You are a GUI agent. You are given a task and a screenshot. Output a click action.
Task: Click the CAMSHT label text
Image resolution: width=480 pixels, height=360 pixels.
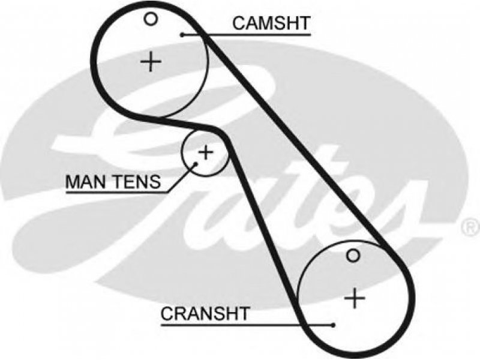click(x=271, y=23)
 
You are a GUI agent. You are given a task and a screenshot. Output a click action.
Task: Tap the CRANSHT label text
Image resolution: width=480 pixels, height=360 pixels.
click(x=205, y=313)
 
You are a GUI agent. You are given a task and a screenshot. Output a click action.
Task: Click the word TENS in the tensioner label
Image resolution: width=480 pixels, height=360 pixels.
click(x=137, y=182)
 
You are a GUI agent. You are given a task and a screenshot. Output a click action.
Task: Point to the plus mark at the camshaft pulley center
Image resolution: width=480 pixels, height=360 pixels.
click(x=151, y=62)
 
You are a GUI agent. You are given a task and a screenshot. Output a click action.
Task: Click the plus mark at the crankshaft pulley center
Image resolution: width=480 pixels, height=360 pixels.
click(x=355, y=298)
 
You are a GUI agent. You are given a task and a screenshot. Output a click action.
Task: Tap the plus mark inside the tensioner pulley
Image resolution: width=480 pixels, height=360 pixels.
click(x=205, y=152)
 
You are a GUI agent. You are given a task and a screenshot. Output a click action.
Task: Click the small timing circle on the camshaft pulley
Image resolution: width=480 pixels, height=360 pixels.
click(x=151, y=19)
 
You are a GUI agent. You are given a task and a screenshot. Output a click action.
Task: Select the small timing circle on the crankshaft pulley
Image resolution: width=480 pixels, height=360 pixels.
click(x=353, y=256)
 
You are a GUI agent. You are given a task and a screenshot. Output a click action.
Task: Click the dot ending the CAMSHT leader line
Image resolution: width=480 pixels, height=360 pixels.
click(x=182, y=35)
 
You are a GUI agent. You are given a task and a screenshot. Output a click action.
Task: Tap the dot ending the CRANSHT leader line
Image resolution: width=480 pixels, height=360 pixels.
click(x=333, y=325)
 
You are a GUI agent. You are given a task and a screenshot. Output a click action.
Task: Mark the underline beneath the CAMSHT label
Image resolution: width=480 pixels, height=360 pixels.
click(x=247, y=35)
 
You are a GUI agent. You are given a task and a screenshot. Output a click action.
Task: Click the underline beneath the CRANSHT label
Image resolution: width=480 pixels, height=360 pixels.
click(x=247, y=325)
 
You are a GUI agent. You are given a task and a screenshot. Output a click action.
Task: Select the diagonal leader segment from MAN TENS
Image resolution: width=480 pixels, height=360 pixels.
click(x=182, y=178)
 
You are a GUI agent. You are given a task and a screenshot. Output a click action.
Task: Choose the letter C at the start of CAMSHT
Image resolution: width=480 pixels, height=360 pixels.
click(x=239, y=23)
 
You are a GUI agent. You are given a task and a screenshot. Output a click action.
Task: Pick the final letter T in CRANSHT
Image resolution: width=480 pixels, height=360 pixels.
click(x=243, y=313)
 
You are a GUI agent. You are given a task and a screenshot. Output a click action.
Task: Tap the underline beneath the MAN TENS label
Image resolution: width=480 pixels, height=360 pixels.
click(x=117, y=193)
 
